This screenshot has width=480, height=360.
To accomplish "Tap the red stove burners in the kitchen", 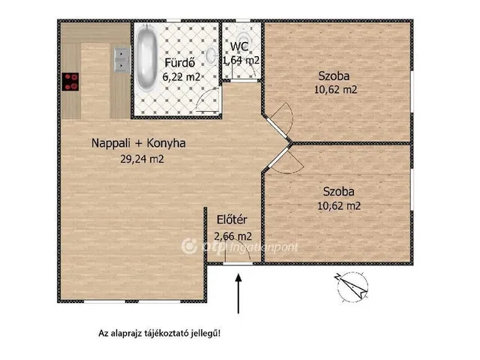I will pos(71,81).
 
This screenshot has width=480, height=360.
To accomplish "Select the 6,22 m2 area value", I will pos(181,76).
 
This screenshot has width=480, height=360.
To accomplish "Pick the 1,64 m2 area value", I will pos(241,60).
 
